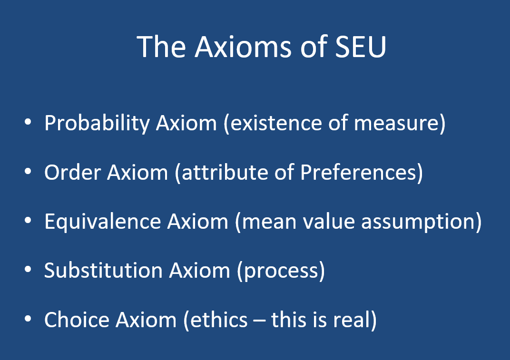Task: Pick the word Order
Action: pos(72,173)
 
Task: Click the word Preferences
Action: pos(359,173)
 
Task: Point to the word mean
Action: pos(267,222)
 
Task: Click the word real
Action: pos(351,320)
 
